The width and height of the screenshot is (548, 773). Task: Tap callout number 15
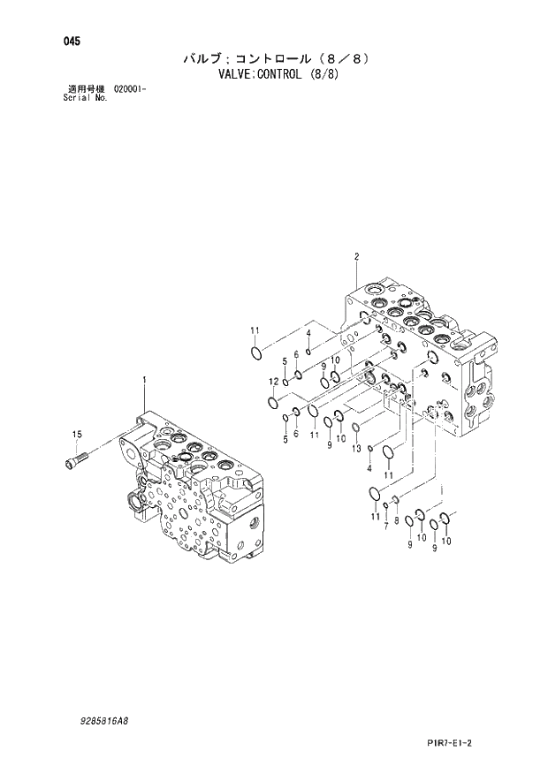pos(77,434)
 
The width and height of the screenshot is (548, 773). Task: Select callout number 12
pos(274,382)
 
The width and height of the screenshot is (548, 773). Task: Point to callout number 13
pos(355,449)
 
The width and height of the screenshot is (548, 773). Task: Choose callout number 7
pos(386,527)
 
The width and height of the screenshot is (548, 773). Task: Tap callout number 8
pos(397,521)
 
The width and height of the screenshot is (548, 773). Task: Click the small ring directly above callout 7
pos(386,506)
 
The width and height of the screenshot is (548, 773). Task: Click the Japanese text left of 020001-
pos(87,89)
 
